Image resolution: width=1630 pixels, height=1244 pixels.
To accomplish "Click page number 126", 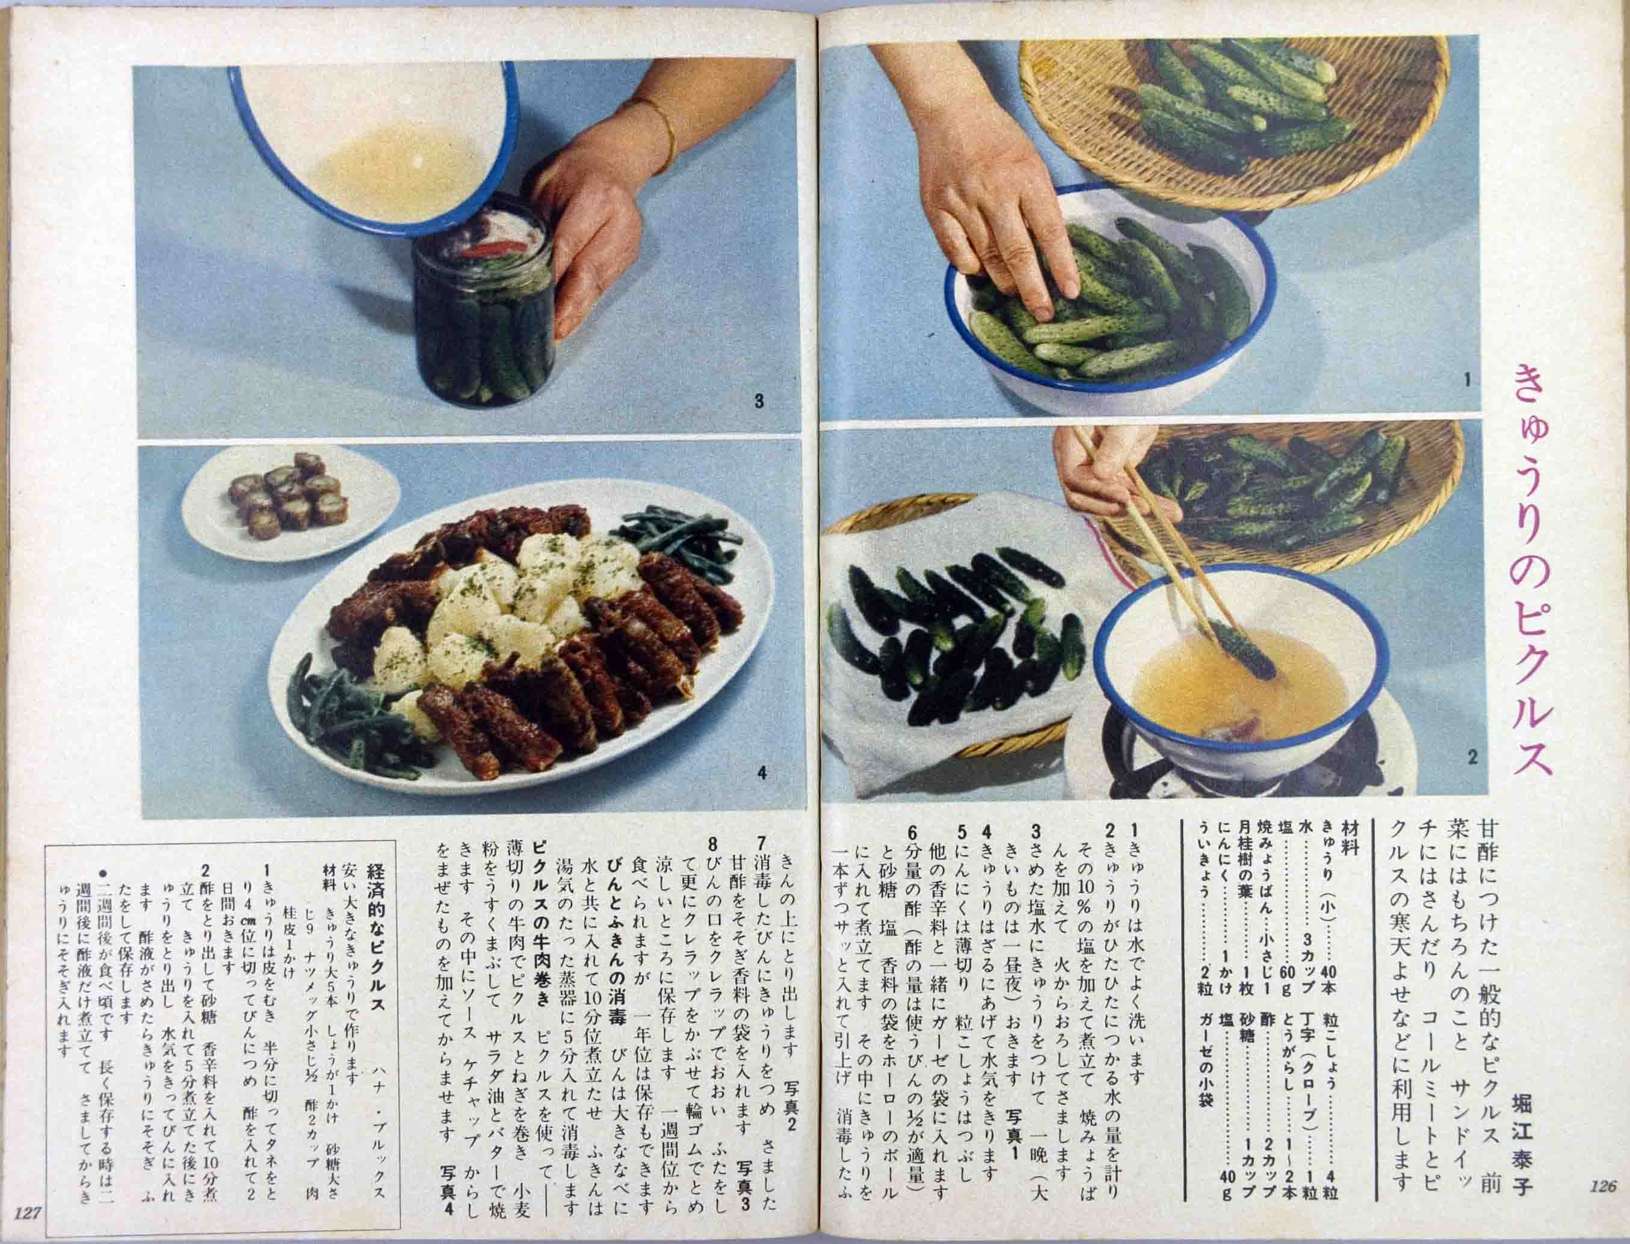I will pyautogui.click(x=1602, y=1206).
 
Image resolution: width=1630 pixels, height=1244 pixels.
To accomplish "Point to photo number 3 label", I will pyautogui.click(x=758, y=401).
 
